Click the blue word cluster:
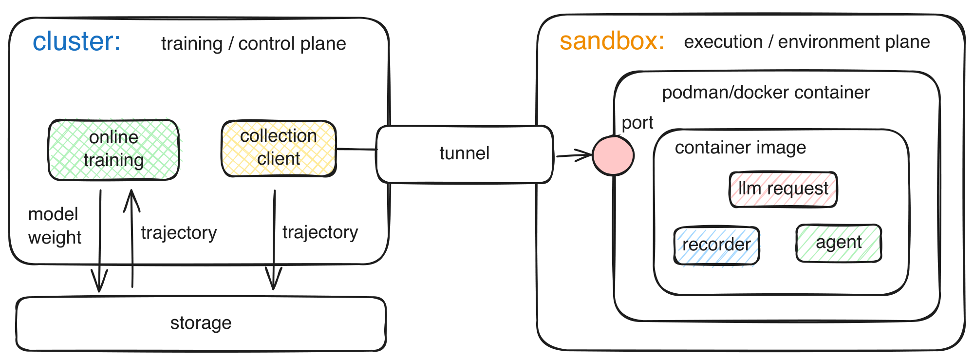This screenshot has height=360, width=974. pos(76,42)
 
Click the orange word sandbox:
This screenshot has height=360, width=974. pos(612,41)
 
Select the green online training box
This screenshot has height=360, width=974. pos(113,149)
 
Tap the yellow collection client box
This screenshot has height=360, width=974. pos(279,148)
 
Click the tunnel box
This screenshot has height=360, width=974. pos(464,154)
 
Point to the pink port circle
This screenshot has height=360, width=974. pos(613,155)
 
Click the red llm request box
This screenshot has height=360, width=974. pos(783,189)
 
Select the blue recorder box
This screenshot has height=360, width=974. pos(716,245)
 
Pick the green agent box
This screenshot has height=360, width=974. pos(839,243)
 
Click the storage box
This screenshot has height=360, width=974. pos(201,323)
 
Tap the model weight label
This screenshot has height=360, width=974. pos(54,226)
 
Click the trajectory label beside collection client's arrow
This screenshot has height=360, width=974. pos(320,232)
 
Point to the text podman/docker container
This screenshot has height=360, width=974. pos(766,93)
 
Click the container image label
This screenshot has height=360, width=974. pos(740,148)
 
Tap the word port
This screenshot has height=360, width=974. pos(637,123)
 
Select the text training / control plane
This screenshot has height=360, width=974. pos(253,44)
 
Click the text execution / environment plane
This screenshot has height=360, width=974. pos(806,42)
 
